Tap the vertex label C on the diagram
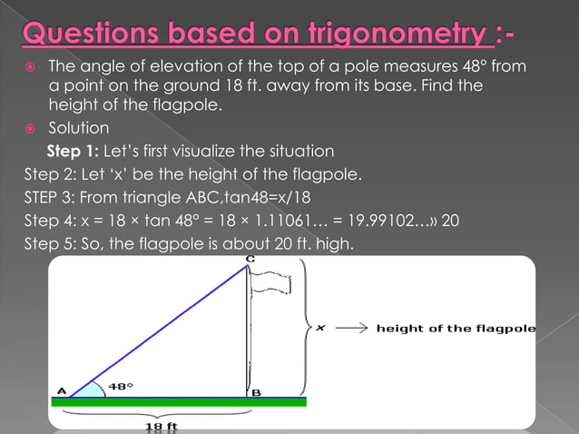pyautogui.click(x=250, y=260)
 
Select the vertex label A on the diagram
pyautogui.click(x=62, y=391)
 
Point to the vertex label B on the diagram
pyautogui.click(x=256, y=392)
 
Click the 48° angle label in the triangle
pyautogui.click(x=121, y=386)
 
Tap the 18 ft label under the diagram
pyautogui.click(x=161, y=425)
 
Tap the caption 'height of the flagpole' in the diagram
pyautogui.click(x=456, y=329)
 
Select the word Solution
pyautogui.click(x=78, y=129)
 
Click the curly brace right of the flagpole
pyautogui.click(x=306, y=327)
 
